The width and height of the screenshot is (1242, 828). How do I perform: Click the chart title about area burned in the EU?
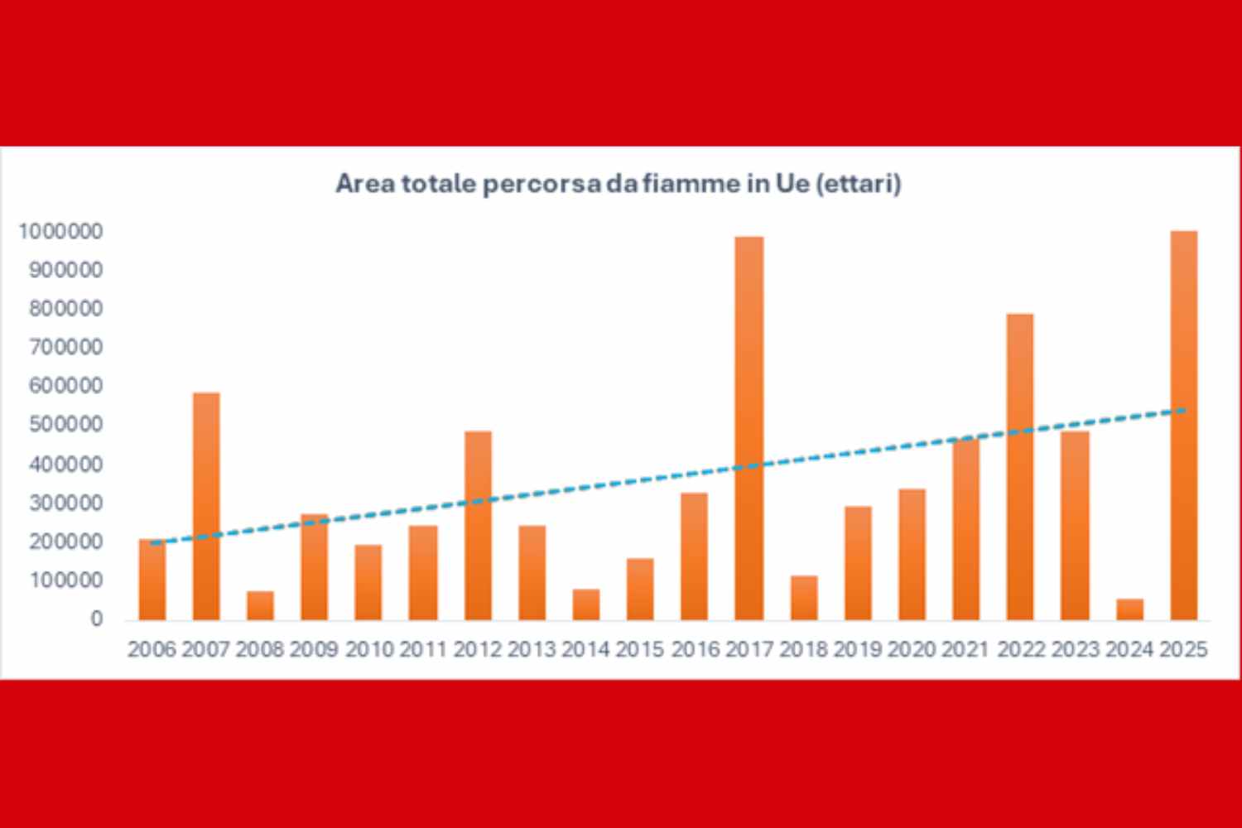coord(618,184)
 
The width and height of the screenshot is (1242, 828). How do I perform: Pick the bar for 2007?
coord(206,506)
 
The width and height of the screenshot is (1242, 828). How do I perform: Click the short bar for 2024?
coord(1130,609)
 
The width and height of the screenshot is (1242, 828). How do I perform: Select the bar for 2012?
coord(478,525)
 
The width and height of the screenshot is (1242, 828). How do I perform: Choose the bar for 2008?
coord(260,605)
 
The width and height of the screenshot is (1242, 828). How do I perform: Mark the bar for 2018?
coord(804,597)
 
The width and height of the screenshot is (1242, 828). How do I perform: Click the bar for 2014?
coord(586,604)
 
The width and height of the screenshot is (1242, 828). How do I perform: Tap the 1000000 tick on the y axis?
coord(61,232)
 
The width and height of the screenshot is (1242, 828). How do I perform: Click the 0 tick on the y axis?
coord(97,619)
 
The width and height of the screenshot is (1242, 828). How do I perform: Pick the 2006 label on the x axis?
coord(152,650)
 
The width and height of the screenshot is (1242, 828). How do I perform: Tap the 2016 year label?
coord(696,650)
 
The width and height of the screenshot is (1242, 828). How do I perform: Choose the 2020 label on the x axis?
coord(912,650)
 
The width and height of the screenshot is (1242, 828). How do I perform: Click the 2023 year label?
coord(1076,650)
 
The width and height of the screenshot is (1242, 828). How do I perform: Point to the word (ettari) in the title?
coord(858,184)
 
